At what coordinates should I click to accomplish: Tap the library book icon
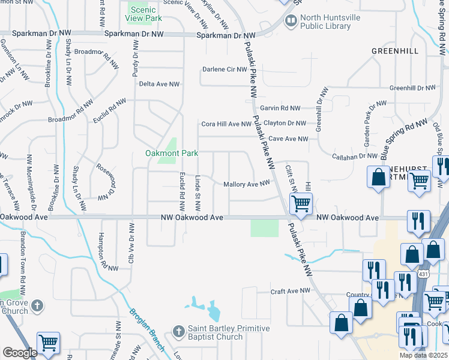coord(291,22)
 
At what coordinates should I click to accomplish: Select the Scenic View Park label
coord(144,14)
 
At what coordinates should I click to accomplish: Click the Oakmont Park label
coord(172,153)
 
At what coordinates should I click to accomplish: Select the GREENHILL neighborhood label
coord(394,51)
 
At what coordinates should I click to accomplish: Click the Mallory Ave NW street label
coord(246,184)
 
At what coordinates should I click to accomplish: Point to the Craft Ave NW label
coord(290,291)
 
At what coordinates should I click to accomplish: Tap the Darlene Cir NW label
coord(224,70)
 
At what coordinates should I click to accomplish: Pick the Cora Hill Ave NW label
coord(226,124)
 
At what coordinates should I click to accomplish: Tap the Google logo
coord(20,353)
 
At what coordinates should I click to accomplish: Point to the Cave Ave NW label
coord(288,139)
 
